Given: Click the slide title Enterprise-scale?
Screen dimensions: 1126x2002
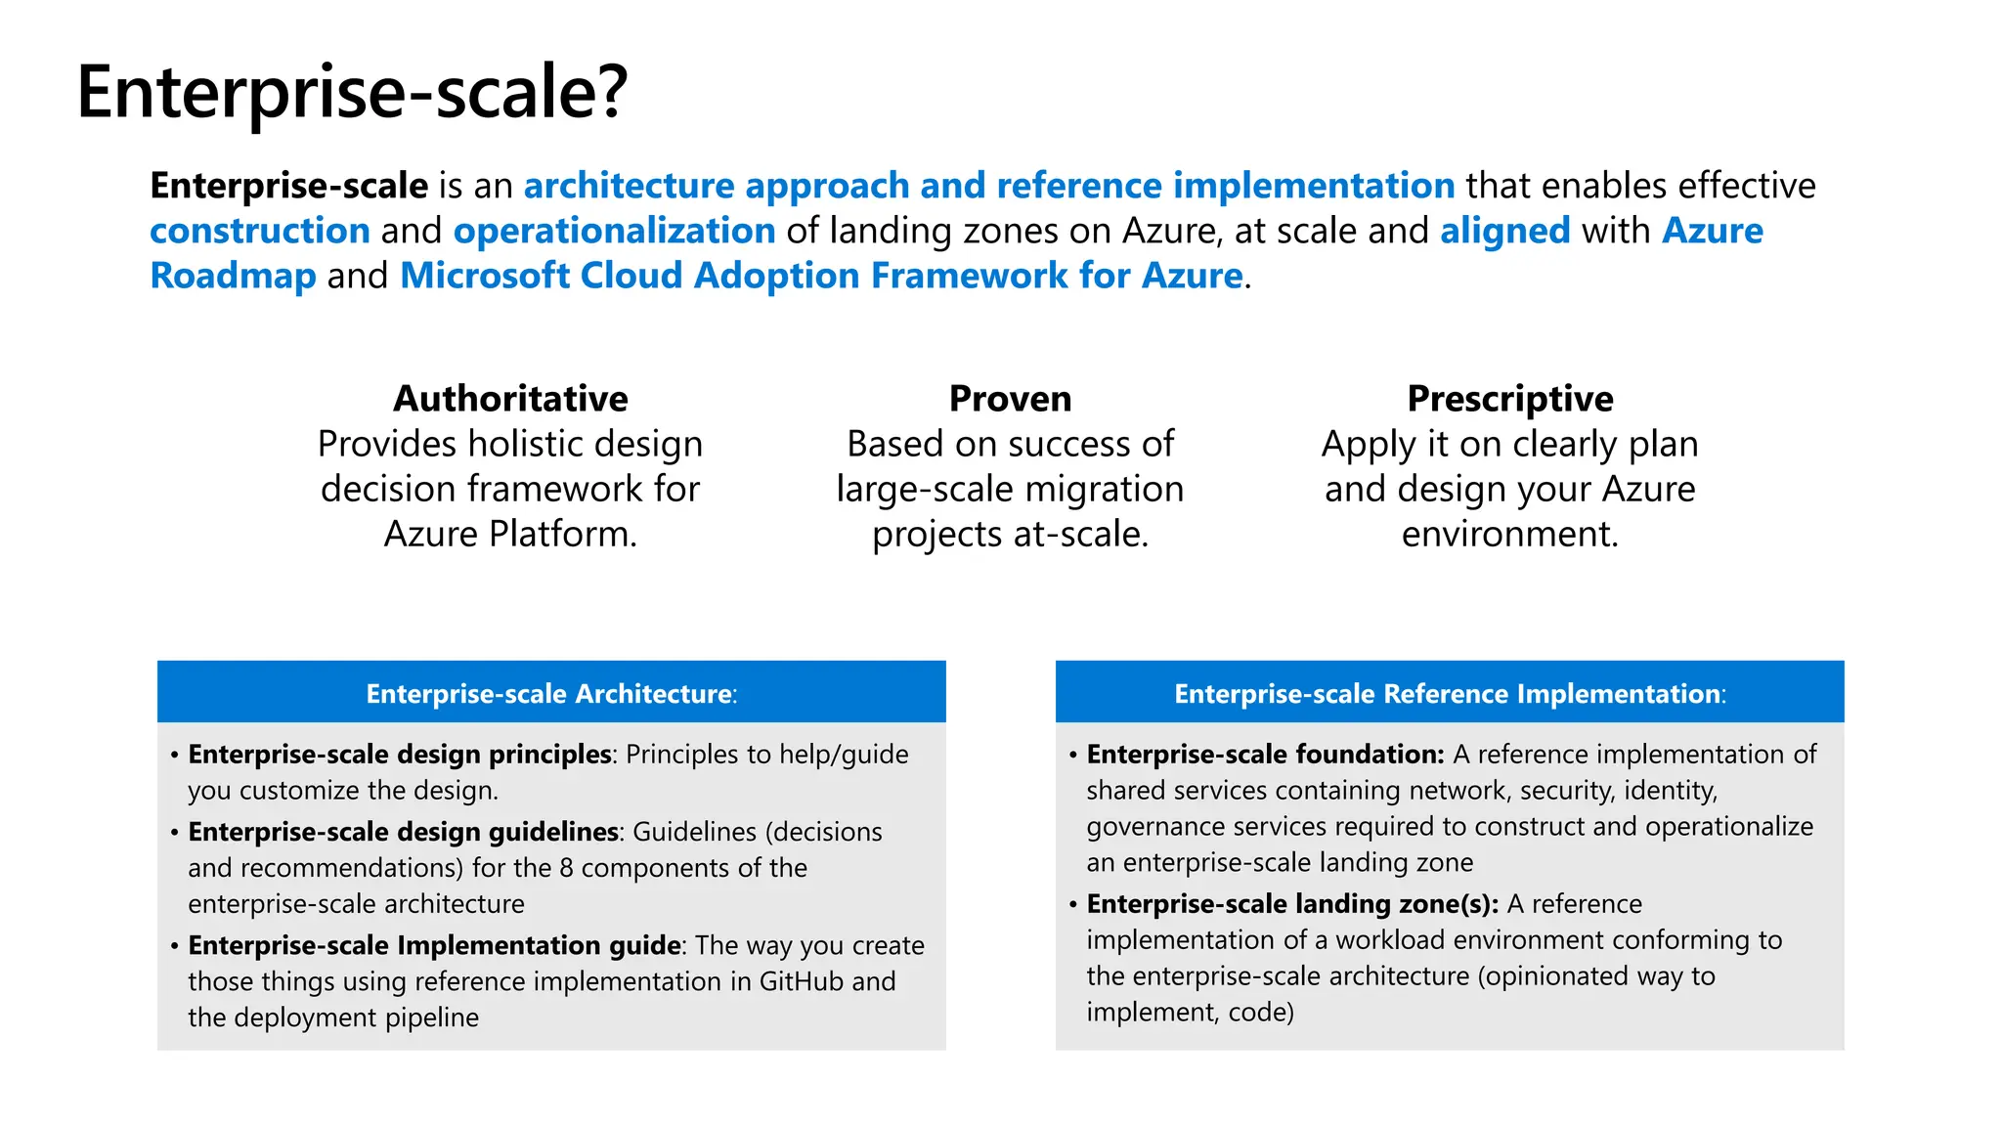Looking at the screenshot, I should (352, 93).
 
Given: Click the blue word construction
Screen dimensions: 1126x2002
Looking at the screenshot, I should (260, 231).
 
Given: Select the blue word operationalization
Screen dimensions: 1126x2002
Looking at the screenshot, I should (614, 231).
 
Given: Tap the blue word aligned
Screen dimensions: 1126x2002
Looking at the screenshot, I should (1504, 231).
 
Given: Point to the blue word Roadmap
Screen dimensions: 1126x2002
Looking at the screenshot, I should (233, 276).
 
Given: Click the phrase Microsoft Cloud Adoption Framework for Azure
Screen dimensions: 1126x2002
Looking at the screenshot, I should (821, 276).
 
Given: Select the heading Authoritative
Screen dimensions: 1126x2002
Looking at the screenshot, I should (510, 399).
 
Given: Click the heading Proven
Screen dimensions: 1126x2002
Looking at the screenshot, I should (1010, 399).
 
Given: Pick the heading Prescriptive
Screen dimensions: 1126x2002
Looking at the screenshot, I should (1509, 399).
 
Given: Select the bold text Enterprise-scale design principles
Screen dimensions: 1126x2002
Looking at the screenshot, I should (400, 755).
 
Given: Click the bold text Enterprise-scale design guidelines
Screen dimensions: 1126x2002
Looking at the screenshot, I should (403, 832).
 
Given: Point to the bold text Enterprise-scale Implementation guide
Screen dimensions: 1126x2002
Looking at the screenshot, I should (434, 945).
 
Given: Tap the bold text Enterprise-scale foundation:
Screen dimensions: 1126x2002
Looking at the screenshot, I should (1265, 755).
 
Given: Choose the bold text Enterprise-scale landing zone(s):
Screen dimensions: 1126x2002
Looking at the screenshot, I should (1292, 904).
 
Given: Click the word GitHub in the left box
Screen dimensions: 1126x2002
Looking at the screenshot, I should (801, 981).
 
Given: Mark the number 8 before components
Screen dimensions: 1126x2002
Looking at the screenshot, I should (566, 868).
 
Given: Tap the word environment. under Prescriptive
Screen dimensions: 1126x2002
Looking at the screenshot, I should (1509, 534).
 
